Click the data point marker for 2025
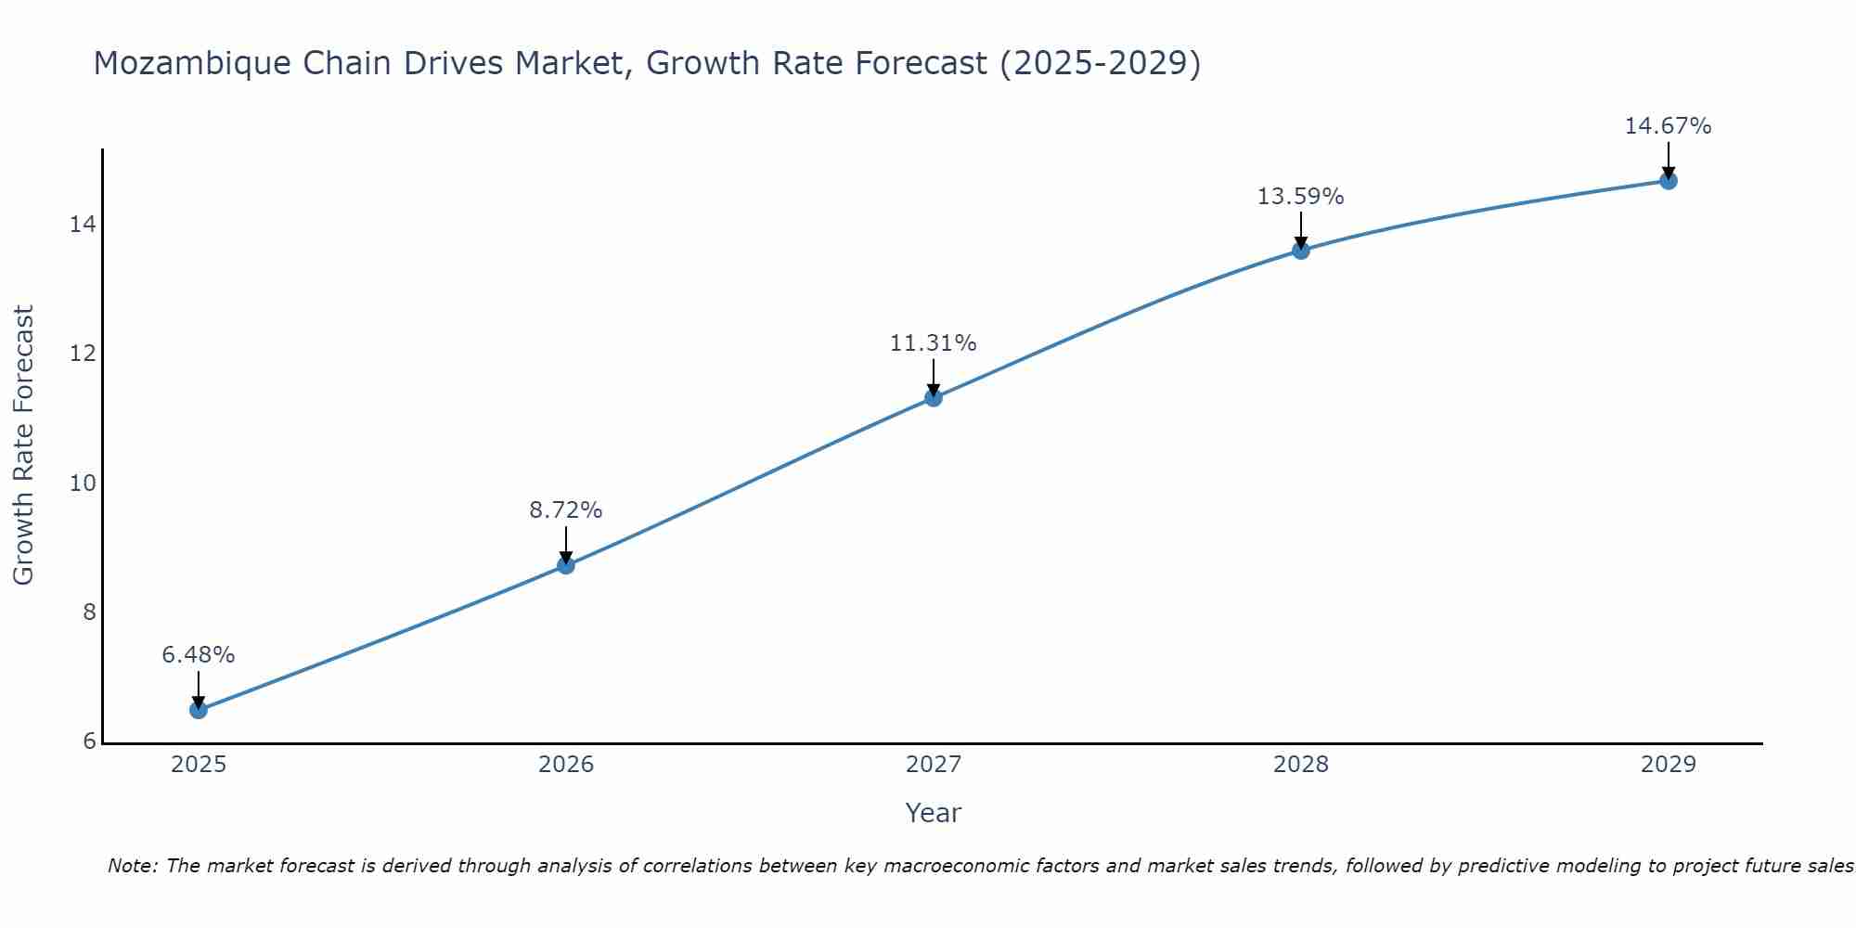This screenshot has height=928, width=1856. [x=199, y=710]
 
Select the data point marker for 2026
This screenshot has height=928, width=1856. [x=566, y=565]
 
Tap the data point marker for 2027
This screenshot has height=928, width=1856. [x=934, y=398]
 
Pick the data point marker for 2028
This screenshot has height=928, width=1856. [x=1301, y=251]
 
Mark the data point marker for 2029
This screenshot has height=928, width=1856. [x=1669, y=181]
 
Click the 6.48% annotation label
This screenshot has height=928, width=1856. [x=199, y=655]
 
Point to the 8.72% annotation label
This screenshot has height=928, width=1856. [x=566, y=510]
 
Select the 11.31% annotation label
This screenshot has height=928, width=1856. [x=934, y=343]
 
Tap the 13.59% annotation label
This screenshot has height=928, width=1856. [x=1301, y=197]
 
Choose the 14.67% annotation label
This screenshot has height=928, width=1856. [x=1669, y=126]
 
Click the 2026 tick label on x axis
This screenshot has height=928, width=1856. [x=566, y=765]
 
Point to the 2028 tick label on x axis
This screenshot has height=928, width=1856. [x=1301, y=765]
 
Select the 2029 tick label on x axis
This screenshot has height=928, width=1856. [x=1669, y=765]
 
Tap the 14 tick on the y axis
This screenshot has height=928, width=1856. [x=83, y=225]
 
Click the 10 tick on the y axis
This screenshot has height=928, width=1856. [x=83, y=483]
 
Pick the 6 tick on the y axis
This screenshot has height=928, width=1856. [x=89, y=741]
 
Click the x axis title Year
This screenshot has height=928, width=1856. [x=934, y=813]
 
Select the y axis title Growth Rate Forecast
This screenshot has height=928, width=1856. [x=24, y=445]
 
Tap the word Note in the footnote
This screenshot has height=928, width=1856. [x=132, y=866]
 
